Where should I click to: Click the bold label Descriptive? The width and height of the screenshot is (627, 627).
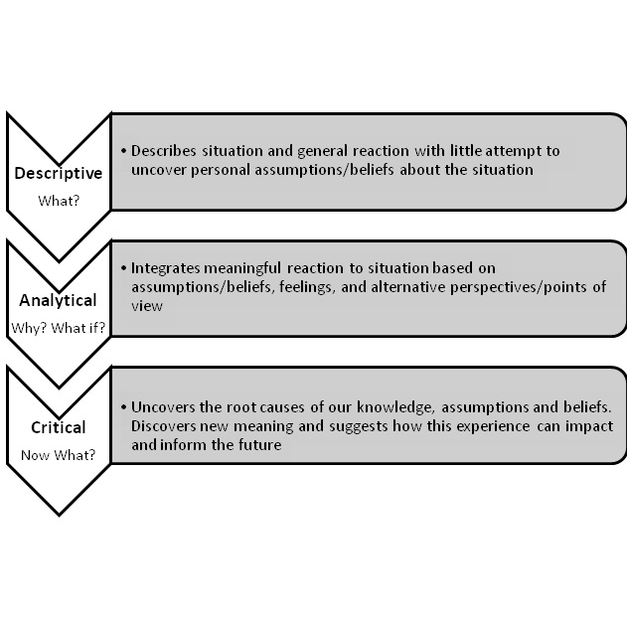tap(58, 173)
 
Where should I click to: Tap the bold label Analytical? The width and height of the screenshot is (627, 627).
tap(58, 300)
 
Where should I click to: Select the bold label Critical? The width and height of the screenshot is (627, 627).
tap(58, 427)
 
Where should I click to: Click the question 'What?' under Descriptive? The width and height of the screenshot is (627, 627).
tap(58, 201)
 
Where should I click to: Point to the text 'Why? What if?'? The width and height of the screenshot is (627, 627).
tap(58, 328)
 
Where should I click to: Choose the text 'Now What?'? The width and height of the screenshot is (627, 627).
tap(58, 455)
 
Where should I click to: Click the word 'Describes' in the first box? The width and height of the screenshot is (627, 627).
tap(165, 151)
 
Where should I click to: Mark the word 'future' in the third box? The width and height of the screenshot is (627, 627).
tap(261, 445)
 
